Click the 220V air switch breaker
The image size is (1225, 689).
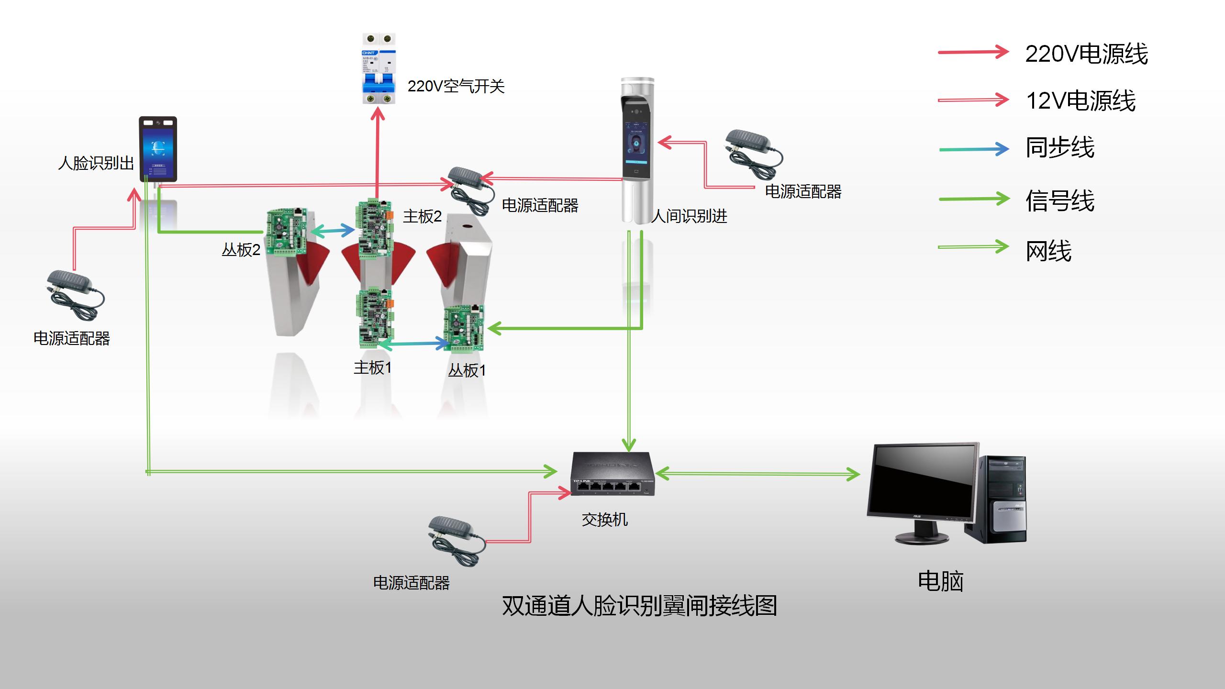tap(379, 68)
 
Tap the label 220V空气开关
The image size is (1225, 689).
tap(456, 87)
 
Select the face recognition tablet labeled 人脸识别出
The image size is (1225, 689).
tap(158, 149)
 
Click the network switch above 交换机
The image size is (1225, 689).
tap(612, 474)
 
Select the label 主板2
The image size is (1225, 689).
tap(422, 217)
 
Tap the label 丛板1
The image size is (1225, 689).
tap(467, 370)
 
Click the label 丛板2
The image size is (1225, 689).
tap(241, 250)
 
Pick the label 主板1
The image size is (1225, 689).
tap(372, 368)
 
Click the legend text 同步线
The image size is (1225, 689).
tap(1060, 148)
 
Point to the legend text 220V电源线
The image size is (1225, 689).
tap(1086, 54)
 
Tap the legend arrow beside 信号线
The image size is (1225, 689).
tap(974, 199)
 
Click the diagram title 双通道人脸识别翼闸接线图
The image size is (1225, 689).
tap(639, 606)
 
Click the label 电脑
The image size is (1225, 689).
tap(940, 581)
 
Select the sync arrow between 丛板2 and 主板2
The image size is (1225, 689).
tap(333, 231)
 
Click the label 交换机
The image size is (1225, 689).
tap(604, 520)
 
